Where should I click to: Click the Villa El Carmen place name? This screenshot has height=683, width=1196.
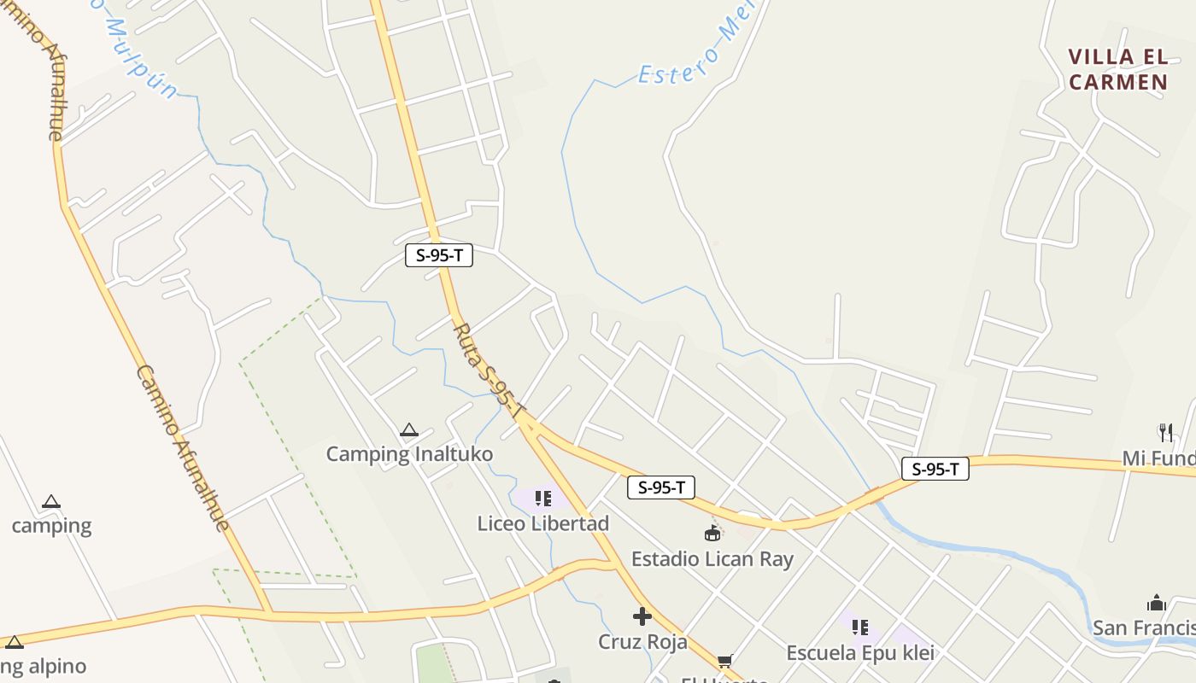(x=1117, y=70)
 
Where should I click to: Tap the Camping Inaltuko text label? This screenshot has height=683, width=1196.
(x=409, y=454)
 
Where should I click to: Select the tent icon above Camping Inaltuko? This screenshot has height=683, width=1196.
(x=409, y=430)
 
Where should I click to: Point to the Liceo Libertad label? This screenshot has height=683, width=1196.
(x=542, y=523)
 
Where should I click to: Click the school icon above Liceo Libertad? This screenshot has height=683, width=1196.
(x=542, y=498)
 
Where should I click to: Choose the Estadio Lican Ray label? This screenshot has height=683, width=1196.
(x=712, y=559)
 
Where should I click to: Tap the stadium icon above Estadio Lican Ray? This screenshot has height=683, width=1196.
(x=712, y=534)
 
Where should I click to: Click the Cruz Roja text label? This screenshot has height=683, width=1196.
(x=642, y=641)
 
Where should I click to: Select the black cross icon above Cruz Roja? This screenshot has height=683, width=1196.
(x=642, y=616)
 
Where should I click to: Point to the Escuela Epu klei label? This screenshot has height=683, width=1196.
(x=859, y=653)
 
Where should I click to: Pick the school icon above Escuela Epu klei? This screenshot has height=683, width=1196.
(x=859, y=628)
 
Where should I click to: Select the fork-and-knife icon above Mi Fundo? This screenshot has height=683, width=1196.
(x=1165, y=432)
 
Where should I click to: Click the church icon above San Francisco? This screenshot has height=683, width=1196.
(x=1157, y=603)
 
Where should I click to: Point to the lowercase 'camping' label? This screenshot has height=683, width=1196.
(x=51, y=525)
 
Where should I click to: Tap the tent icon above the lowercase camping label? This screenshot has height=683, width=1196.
(x=51, y=502)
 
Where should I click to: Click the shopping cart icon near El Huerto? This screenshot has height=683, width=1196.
(x=725, y=661)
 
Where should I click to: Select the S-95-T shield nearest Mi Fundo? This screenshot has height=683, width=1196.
(x=935, y=469)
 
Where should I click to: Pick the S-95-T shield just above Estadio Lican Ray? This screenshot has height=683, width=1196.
(x=660, y=487)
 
